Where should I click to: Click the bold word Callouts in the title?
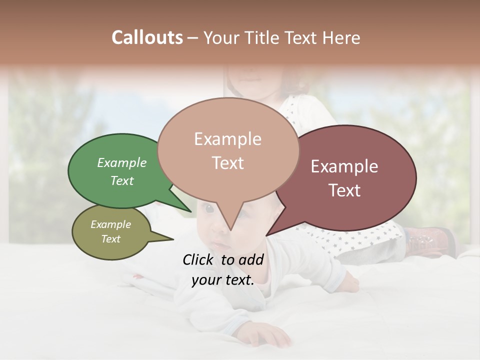147,37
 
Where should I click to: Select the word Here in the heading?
340,37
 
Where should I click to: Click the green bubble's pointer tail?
184,205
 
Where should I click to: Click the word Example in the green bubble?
122,162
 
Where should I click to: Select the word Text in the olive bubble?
111,239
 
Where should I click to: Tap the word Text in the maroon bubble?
344,190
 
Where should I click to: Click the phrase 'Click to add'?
223,259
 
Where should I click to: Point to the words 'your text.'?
223,279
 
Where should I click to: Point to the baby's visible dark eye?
207,208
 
